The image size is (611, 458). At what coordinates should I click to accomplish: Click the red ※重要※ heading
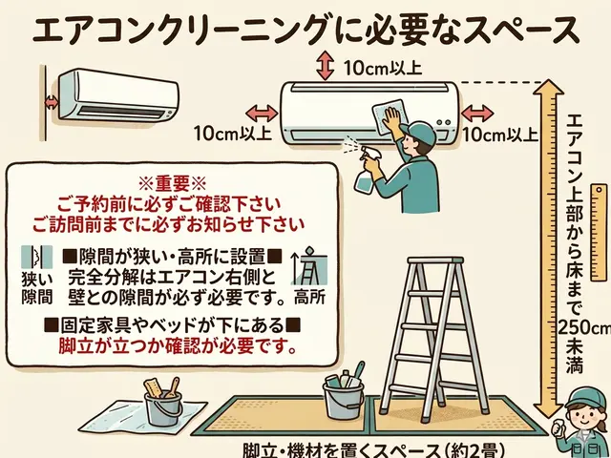tap(173, 182)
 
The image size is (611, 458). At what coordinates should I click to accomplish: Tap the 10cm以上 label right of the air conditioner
tap(499, 135)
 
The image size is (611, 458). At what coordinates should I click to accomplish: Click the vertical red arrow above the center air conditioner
tap(325, 66)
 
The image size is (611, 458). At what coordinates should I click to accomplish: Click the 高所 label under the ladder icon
tap(311, 297)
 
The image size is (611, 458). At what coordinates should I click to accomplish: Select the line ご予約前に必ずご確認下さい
tap(173, 204)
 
